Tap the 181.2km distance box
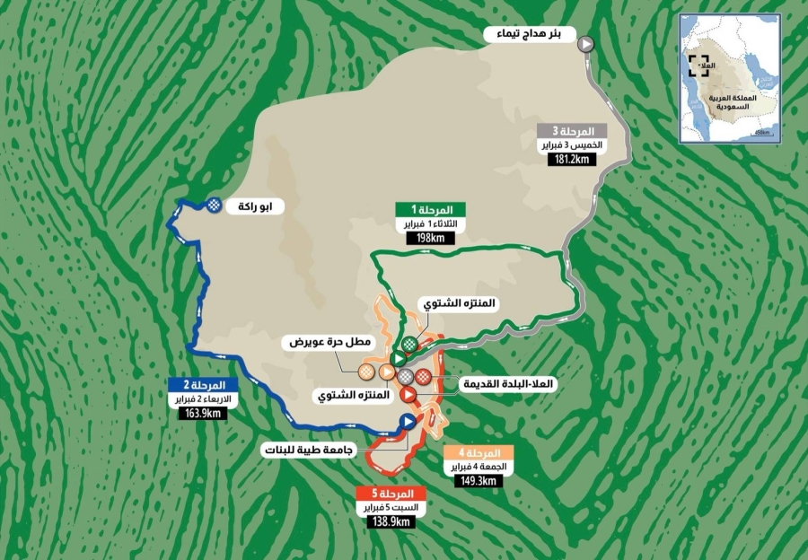click(575, 159)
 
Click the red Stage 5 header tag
click(387, 494)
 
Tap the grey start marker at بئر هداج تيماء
click(585, 43)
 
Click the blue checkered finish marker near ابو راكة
click(213, 205)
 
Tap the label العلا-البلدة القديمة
click(508, 384)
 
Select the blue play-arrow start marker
click(407, 421)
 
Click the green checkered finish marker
click(409, 344)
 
